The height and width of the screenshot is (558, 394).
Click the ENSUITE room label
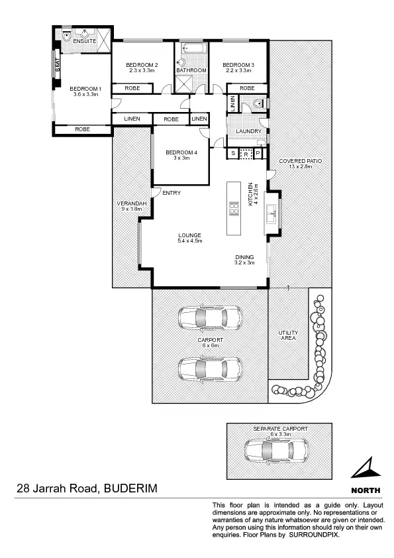[x=85, y=41]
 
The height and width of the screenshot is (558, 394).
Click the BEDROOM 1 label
[x=85, y=89]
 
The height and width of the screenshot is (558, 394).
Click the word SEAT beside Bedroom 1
[x=58, y=64]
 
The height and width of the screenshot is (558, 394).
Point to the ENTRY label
[x=172, y=193]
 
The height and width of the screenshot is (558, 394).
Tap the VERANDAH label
[x=128, y=203]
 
